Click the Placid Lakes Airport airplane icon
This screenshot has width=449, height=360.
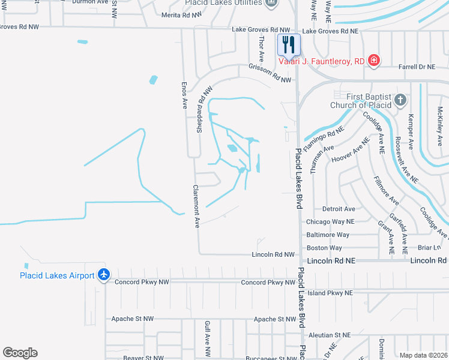point(104,275)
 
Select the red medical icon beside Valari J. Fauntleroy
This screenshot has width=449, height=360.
point(373,60)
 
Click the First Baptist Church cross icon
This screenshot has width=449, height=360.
point(400,100)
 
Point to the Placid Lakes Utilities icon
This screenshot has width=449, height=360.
point(271,3)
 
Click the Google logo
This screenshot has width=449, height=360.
point(20,353)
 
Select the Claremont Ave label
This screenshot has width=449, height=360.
point(196,206)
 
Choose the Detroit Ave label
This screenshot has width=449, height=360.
point(339,209)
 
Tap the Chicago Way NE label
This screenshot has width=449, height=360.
point(330,221)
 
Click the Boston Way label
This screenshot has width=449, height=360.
point(324,248)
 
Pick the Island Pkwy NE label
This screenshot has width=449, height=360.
point(329,293)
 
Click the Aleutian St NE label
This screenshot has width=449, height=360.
point(328,335)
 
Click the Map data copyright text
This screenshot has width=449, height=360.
point(423,355)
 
